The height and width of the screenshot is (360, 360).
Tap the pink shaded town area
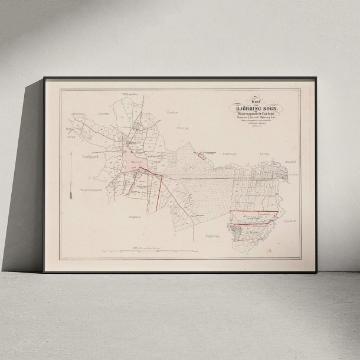(133, 159)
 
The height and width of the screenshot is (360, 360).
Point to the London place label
(104, 113)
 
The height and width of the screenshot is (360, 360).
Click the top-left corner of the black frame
(44, 77)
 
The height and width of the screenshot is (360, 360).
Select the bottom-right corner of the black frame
(317, 272)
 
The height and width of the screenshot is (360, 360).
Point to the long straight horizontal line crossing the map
(230, 175)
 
